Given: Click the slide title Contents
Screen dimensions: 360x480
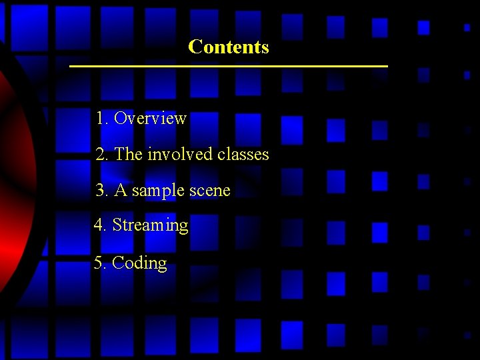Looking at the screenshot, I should [x=228, y=47].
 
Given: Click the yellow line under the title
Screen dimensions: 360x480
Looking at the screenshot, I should [x=228, y=67].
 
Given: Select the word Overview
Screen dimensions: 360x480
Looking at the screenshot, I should [x=150, y=119].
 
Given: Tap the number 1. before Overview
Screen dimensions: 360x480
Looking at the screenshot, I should [x=102, y=119].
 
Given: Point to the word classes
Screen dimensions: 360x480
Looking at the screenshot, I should [x=243, y=155].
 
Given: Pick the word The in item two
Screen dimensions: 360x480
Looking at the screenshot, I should [x=129, y=155].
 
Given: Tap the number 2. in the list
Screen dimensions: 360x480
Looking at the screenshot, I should [x=102, y=155].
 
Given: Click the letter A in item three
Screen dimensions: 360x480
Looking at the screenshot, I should [x=121, y=191].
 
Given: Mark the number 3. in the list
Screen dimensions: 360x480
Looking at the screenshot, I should [x=102, y=191].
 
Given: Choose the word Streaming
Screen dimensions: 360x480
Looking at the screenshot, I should [x=150, y=225].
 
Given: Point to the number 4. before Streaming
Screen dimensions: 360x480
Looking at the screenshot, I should [x=101, y=225].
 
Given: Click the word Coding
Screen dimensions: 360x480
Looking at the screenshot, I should [x=139, y=263].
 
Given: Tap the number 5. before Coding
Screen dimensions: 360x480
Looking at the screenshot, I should [x=101, y=263].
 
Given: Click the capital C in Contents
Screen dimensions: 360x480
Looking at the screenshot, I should [x=194, y=47].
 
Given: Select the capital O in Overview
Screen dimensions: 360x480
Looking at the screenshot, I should [x=120, y=119].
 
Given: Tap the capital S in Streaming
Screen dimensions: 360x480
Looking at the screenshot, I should [x=117, y=225].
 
